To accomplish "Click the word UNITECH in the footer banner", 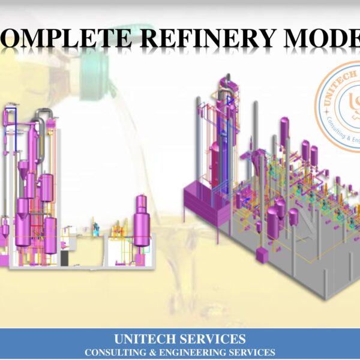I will (146, 339).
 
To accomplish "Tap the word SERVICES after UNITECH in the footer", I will (213, 339).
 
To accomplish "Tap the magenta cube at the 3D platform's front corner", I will (262, 254).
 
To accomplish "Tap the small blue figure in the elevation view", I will (95, 227).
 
